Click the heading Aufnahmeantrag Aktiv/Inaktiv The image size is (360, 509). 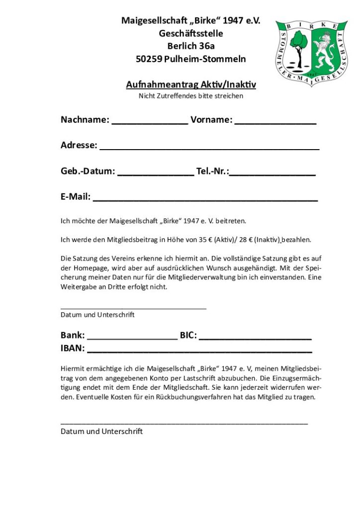tap(191, 85)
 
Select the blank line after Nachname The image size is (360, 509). tap(150, 121)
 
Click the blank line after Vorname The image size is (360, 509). tap(275, 121)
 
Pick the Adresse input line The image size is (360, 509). tap(209, 147)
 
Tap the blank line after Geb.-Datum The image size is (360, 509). tap(156, 173)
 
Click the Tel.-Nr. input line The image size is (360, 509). tap(272, 173)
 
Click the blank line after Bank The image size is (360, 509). tap(132, 337)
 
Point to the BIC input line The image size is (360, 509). tap(255, 337)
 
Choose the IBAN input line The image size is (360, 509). tap(199, 350)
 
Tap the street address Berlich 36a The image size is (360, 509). tap(191, 46)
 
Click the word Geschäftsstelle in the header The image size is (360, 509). tap(191, 34)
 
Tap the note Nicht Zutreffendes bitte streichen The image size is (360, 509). tap(191, 96)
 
